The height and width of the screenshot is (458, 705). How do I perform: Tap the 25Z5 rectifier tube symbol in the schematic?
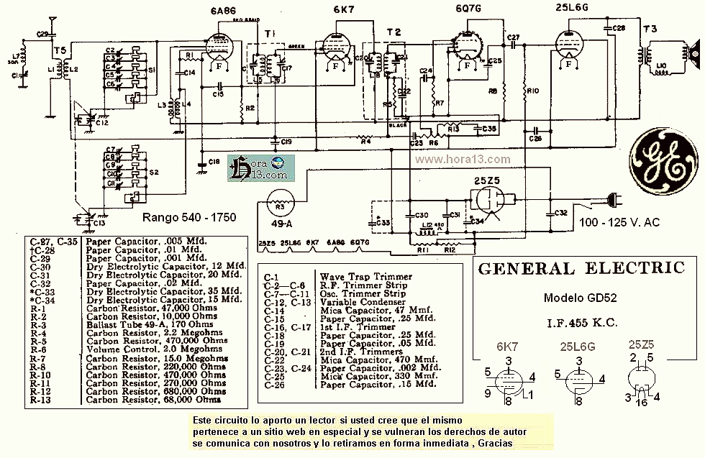click(x=492, y=204)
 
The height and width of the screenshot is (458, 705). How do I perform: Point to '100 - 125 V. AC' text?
click(x=616, y=222)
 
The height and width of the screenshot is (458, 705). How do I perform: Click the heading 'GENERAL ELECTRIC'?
click(x=581, y=269)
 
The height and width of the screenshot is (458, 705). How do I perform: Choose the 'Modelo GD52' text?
click(x=581, y=298)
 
